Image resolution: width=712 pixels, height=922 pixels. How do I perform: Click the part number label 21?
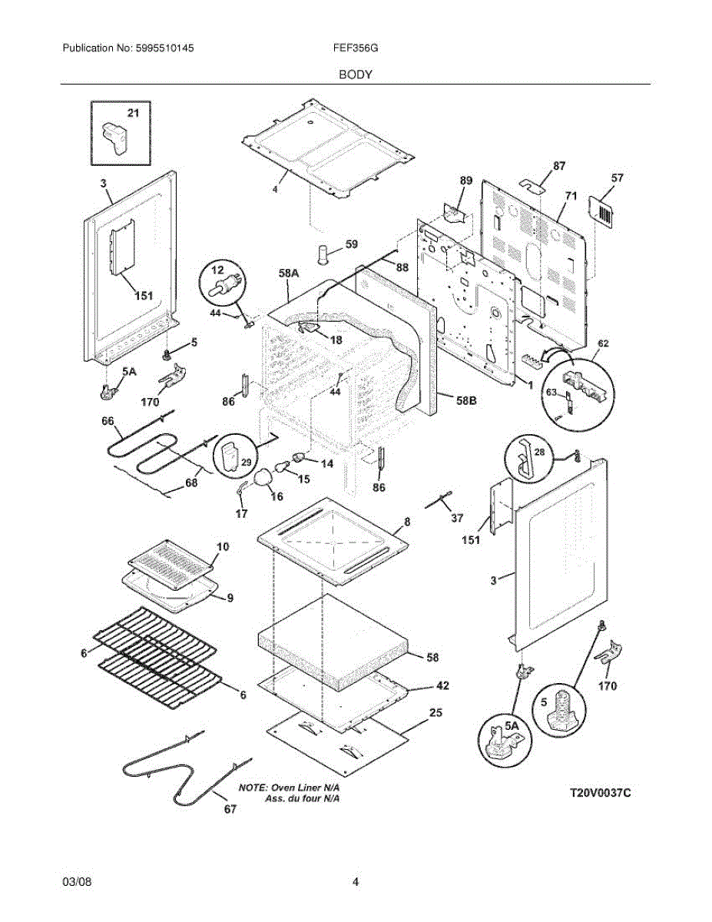coord(133,114)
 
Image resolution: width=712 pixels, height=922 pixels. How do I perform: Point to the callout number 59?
coord(351,245)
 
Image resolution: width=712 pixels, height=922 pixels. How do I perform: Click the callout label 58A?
coord(289,273)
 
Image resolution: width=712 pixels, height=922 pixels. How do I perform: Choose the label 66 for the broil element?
coord(108,421)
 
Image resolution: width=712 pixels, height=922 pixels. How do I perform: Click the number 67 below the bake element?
coord(230,809)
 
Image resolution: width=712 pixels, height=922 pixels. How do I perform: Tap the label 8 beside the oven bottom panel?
coord(407,521)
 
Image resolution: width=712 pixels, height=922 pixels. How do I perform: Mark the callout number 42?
coord(442,685)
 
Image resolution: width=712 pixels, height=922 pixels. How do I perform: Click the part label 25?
coord(435,714)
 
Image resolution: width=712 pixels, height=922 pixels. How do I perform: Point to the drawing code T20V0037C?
coord(600,792)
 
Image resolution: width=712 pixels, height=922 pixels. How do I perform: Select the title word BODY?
coord(356,75)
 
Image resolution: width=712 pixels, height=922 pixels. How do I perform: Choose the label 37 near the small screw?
coord(456,519)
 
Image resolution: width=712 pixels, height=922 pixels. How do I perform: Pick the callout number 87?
coord(558,166)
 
